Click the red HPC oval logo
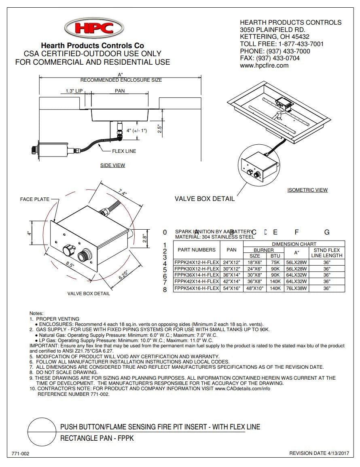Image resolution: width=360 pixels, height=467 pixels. click(94, 28)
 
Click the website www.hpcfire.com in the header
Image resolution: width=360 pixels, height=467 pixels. click(264, 66)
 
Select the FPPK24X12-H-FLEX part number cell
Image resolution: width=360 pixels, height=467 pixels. click(197, 262)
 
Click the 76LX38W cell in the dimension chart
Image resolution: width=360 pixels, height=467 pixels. click(296, 289)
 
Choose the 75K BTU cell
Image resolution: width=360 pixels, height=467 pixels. click(275, 262)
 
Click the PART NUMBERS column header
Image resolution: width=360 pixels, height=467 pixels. click(197, 250)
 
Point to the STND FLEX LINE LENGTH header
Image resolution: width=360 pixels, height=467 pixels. click(327, 253)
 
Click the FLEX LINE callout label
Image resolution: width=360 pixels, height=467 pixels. click(124, 151)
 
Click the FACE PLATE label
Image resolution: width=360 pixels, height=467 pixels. click(35, 199)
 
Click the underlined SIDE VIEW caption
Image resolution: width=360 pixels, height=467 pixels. click(112, 165)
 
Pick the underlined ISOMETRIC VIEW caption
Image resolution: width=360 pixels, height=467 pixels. click(307, 190)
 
